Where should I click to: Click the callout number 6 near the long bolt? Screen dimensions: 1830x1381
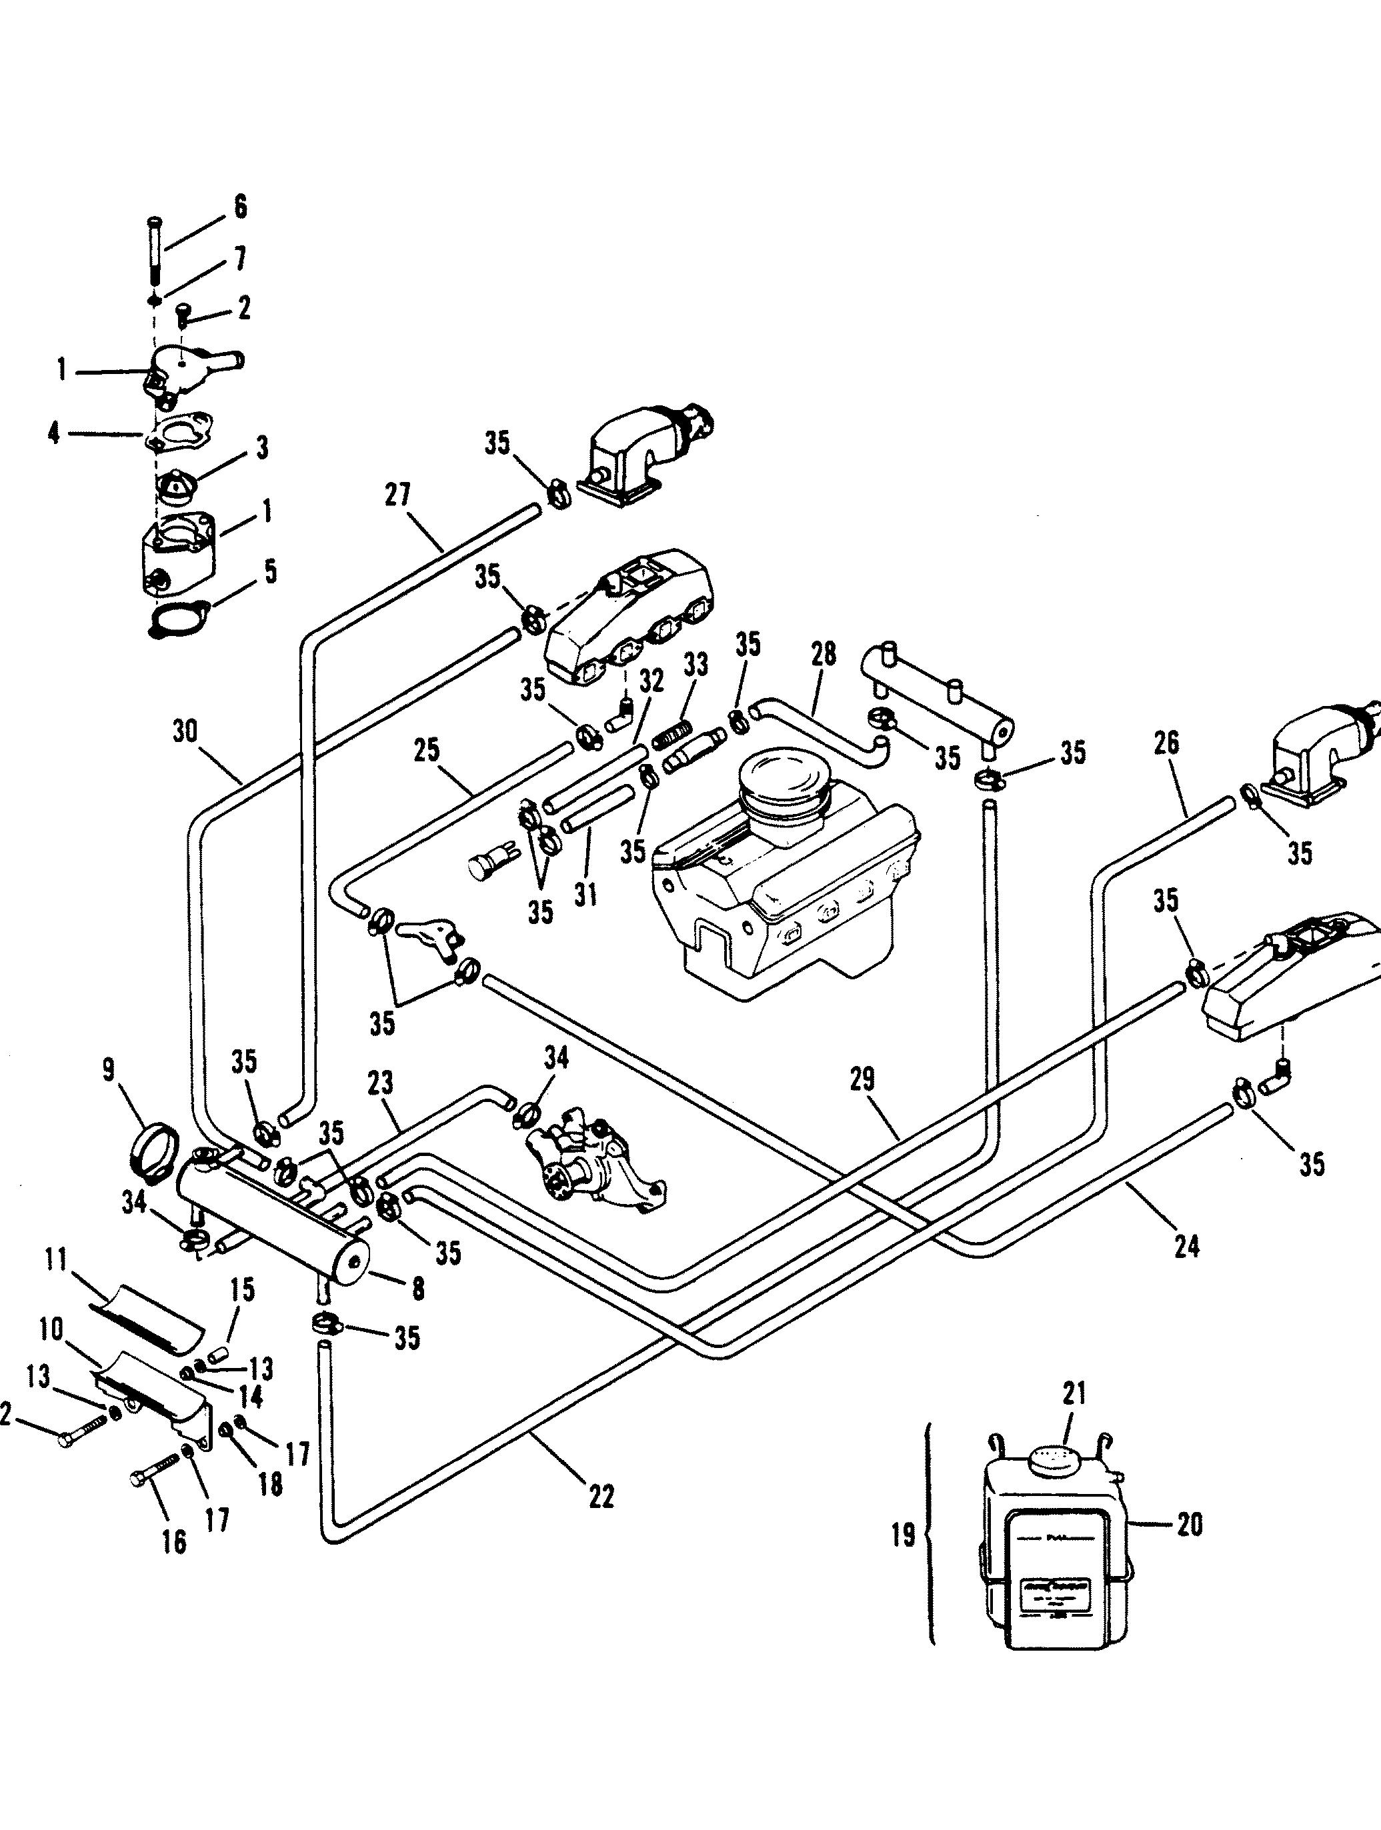240,206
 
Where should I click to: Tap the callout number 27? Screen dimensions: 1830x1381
397,495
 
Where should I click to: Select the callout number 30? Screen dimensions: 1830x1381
185,733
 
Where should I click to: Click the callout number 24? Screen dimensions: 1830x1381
1186,1269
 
